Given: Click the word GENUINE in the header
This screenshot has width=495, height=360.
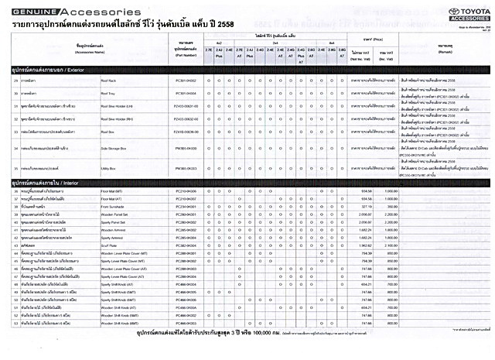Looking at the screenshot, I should [20, 12].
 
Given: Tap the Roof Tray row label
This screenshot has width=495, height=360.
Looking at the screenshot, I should [109, 115].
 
